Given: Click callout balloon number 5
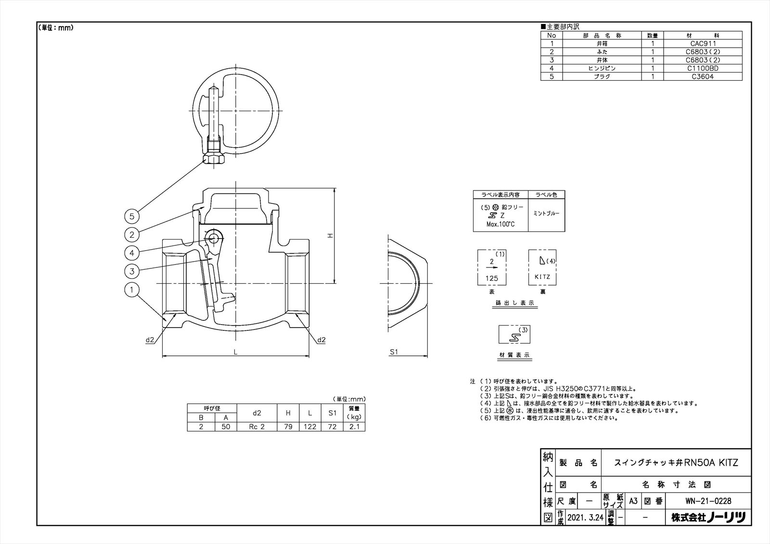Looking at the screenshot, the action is [x=132, y=216].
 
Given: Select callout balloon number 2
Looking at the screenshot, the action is [x=132, y=235].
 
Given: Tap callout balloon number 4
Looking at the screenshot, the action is [x=132, y=253].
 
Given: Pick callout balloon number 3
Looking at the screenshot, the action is [x=132, y=271].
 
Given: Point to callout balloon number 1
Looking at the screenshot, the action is [x=132, y=290].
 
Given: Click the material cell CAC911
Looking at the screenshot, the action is [x=703, y=43].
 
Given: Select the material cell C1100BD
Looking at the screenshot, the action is [x=703, y=68].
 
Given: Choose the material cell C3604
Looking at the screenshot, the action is [x=703, y=76].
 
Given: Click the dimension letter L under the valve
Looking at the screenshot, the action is [x=235, y=352].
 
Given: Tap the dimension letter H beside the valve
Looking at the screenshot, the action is [x=330, y=236].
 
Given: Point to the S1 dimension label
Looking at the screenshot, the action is [x=394, y=352].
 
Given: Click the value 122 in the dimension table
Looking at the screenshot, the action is [x=310, y=427].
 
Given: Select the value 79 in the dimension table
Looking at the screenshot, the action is [x=288, y=427].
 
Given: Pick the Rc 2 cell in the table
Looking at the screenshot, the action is [x=257, y=427].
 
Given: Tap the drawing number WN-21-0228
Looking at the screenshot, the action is [x=708, y=501].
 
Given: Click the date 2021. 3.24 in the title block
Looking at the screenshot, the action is [x=585, y=518].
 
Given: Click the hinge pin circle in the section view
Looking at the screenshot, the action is [x=214, y=237].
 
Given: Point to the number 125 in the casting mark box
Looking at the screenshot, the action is [x=492, y=278].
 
